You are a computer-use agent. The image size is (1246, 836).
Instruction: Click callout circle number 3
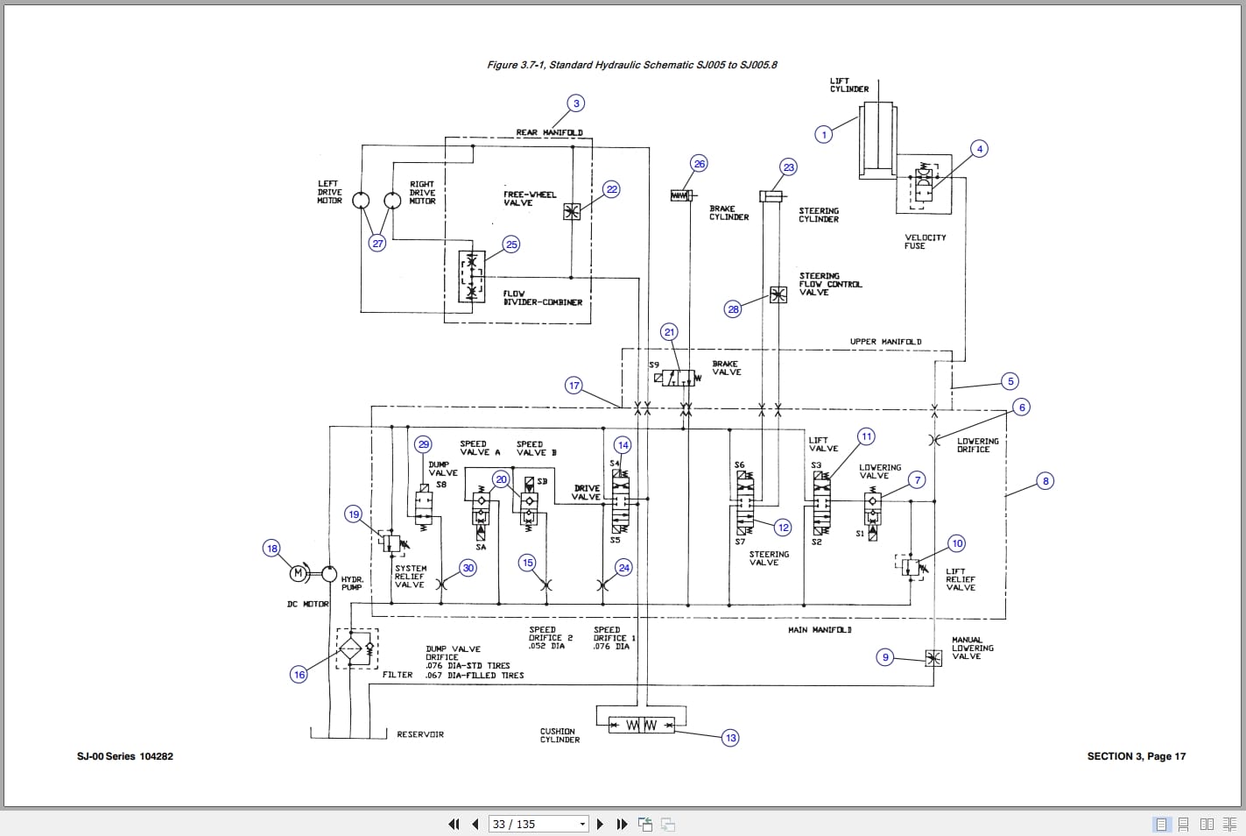576,103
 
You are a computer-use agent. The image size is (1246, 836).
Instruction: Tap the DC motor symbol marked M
299,574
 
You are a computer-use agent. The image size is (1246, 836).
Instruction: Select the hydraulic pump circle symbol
328,574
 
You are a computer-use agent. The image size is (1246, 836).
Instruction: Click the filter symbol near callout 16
350,649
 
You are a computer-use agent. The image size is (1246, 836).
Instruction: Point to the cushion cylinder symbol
636,725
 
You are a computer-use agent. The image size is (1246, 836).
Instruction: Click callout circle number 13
730,738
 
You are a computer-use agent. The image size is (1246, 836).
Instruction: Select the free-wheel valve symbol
572,211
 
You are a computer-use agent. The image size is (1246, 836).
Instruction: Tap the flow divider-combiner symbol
472,276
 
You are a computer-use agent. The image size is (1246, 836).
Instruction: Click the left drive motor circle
361,201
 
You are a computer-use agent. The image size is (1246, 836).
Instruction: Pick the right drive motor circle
393,201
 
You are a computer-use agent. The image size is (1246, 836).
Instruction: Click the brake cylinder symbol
681,195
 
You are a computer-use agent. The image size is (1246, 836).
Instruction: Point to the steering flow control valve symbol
778,295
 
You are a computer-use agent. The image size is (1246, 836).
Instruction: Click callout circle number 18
272,549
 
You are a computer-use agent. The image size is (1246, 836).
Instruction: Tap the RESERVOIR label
420,734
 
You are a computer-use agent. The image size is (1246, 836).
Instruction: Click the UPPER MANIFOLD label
885,342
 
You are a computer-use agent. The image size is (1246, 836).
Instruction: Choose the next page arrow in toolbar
600,824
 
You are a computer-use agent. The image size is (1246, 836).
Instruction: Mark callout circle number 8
1045,481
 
